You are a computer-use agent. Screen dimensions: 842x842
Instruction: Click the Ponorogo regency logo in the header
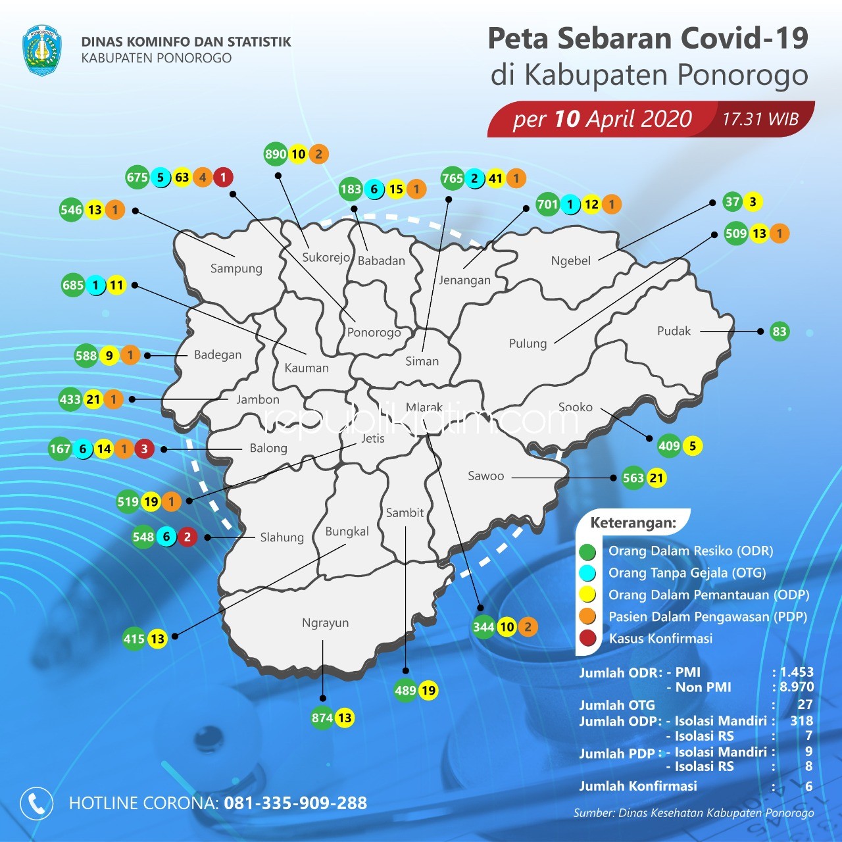tap(41, 50)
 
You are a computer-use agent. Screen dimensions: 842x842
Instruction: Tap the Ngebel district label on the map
tap(570, 260)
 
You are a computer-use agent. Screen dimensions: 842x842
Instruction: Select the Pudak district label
tap(674, 331)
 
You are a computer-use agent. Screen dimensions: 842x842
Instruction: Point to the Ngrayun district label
tap(325, 623)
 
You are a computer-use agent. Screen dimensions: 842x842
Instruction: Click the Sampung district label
tap(236, 268)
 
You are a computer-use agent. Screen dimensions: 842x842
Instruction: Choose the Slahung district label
tap(282, 537)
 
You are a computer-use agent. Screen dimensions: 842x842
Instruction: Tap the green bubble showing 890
tap(276, 155)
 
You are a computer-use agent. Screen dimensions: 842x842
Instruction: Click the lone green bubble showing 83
tap(780, 332)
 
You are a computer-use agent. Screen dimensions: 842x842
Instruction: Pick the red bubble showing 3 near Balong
tap(144, 449)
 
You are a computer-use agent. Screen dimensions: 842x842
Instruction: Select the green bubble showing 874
tap(322, 718)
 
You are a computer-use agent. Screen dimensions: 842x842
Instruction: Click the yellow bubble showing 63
tap(182, 178)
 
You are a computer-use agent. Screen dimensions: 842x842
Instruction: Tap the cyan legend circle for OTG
tap(587, 573)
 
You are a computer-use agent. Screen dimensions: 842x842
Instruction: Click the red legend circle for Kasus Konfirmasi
tap(587, 638)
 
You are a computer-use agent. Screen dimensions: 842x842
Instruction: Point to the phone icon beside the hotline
tap(37, 803)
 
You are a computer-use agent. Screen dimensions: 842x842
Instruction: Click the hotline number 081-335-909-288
tap(295, 803)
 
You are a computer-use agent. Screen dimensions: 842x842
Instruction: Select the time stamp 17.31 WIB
tap(760, 119)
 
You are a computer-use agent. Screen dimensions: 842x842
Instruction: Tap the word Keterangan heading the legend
tap(633, 523)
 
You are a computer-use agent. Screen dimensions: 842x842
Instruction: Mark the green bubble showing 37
tap(732, 202)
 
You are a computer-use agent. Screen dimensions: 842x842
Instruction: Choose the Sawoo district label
tap(485, 476)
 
